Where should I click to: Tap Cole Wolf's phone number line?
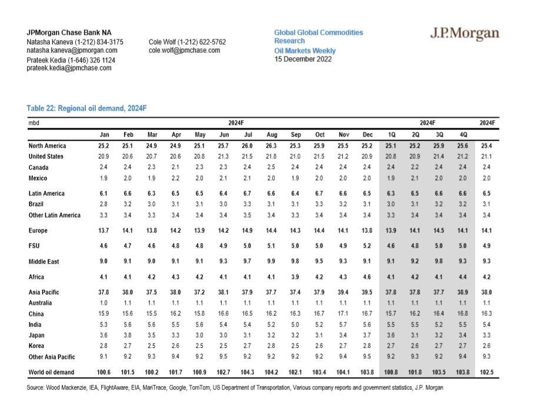click(187, 42)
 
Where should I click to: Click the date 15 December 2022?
click(303, 59)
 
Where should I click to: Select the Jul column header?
click(248, 135)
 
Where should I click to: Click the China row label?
click(37, 313)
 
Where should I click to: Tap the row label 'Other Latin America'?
click(55, 215)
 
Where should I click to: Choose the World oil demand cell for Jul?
click(248, 372)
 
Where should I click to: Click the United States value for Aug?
click(272, 156)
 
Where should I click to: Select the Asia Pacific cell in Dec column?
click(367, 292)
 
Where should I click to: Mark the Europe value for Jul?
click(248, 231)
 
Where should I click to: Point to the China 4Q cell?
click(464, 313)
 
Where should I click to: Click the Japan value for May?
click(200, 335)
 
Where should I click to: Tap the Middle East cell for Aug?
click(272, 261)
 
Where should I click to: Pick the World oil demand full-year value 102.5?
click(487, 372)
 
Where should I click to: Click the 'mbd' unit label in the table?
click(34, 123)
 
